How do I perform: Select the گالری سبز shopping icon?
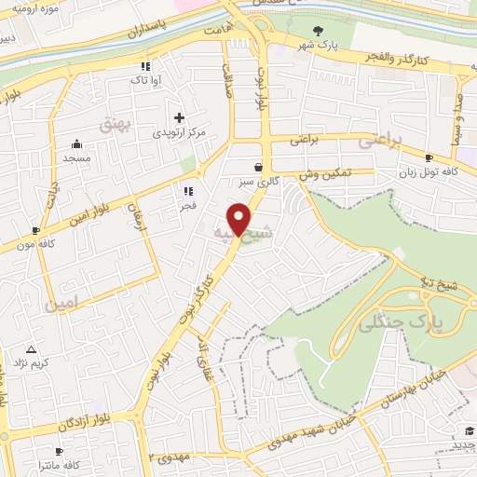pyautogui.click(x=258, y=167)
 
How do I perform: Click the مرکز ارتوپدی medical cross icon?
pyautogui.click(x=179, y=118)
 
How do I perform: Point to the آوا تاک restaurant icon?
pyautogui.click(x=145, y=66)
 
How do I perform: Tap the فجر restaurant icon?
pyautogui.click(x=187, y=191)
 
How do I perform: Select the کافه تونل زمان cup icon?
pyautogui.click(x=429, y=158)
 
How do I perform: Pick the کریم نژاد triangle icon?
pyautogui.click(x=31, y=349)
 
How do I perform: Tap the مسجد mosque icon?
pyautogui.click(x=76, y=143)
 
